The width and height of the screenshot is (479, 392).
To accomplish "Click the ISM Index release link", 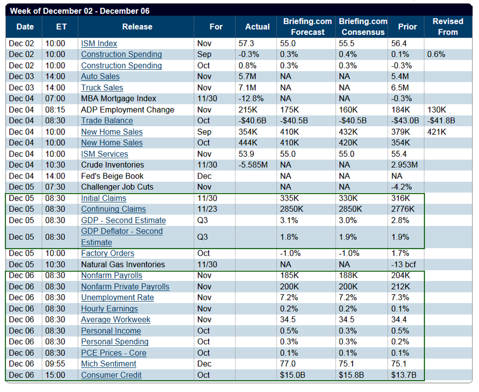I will [99, 44].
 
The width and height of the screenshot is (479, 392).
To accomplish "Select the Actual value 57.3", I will [246, 44].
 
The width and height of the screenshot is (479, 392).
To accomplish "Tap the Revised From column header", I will [448, 27].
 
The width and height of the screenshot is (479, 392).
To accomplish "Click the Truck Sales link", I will [102, 88].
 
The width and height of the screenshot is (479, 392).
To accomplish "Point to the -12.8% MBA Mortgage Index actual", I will [251, 99].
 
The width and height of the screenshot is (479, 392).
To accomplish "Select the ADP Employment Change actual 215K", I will [247, 110].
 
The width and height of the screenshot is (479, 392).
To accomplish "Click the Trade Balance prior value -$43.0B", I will [405, 121].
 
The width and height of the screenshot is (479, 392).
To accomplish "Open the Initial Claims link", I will [103, 198].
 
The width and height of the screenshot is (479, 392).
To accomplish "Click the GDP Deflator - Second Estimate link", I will [121, 237].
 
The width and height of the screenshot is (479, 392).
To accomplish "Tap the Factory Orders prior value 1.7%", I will [400, 254].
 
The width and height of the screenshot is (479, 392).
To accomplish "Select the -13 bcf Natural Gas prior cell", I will [403, 265].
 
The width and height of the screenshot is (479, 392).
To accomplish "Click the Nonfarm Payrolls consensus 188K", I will [348, 276].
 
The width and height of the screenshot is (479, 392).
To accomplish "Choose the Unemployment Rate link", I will [117, 298].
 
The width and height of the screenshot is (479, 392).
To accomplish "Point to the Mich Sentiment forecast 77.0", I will [287, 364].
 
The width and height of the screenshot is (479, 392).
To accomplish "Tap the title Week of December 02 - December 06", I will [80, 11].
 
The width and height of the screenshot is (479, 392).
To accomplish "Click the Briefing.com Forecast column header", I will [307, 27].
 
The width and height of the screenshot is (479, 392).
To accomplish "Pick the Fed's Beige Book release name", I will [112, 176].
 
